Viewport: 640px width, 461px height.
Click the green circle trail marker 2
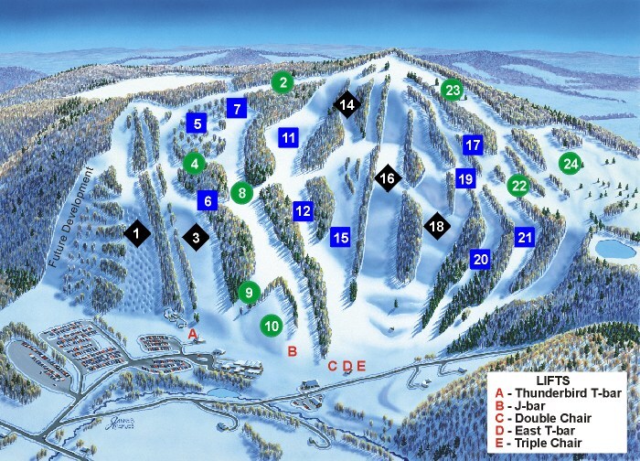pyautogui.click(x=284, y=82)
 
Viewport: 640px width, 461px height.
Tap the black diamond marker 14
pyautogui.click(x=347, y=105)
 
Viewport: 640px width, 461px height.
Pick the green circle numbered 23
pyautogui.click(x=453, y=90)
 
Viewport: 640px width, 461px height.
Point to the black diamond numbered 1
pyautogui.click(x=137, y=235)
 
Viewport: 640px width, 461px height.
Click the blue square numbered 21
pyautogui.click(x=525, y=237)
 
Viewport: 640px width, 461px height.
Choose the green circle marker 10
pyautogui.click(x=272, y=325)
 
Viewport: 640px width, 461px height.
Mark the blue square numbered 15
pyautogui.click(x=340, y=238)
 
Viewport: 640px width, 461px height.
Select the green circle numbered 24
pyautogui.click(x=571, y=164)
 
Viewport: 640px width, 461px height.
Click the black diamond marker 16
pyautogui.click(x=387, y=178)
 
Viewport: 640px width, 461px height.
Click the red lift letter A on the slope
pyautogui.click(x=192, y=336)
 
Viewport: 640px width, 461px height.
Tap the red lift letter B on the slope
pyautogui.click(x=293, y=350)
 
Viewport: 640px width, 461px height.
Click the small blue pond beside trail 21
pyautogui.click(x=607, y=247)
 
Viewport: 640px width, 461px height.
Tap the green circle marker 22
pyautogui.click(x=518, y=186)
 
